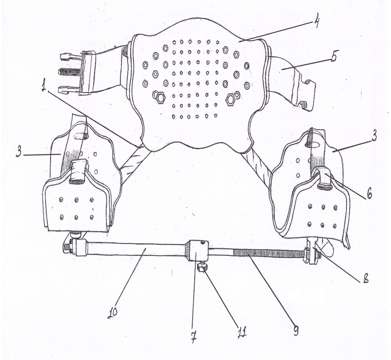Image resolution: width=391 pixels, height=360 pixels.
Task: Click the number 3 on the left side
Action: pos(19,151)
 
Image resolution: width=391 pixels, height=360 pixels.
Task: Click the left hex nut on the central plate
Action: pos(161,97)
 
